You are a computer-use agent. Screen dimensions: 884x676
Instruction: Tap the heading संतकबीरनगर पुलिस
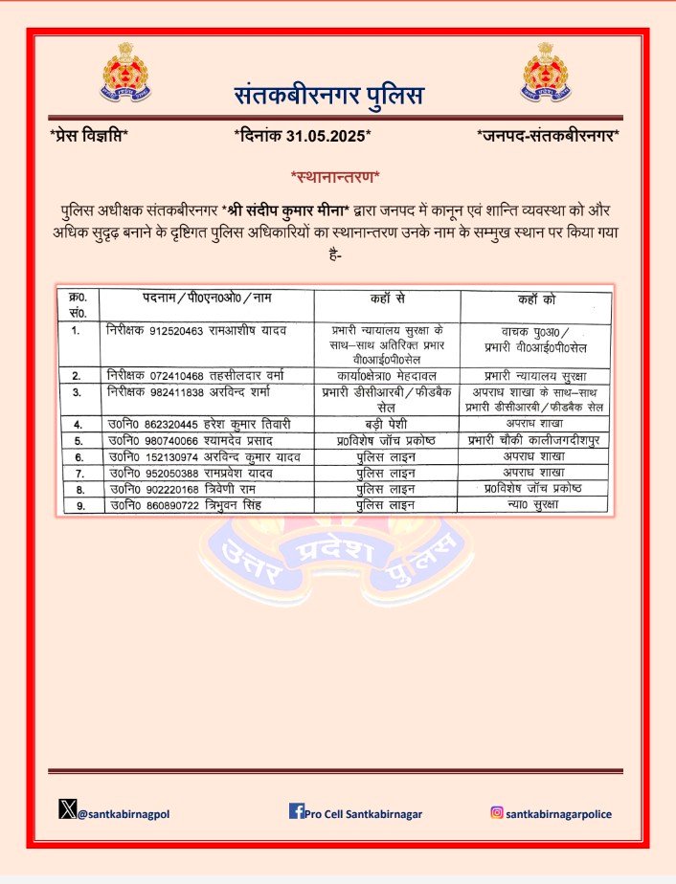tap(329, 96)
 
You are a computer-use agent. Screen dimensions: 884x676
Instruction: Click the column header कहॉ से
tap(387, 299)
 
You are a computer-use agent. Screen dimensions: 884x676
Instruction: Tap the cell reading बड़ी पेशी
tap(387, 423)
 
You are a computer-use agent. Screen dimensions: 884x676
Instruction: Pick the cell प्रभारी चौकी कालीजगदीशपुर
tap(533, 440)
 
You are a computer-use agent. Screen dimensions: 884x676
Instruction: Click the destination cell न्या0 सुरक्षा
tap(533, 504)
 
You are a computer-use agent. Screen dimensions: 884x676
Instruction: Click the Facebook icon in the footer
tap(296, 812)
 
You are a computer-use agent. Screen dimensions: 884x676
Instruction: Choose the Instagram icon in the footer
tap(497, 813)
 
